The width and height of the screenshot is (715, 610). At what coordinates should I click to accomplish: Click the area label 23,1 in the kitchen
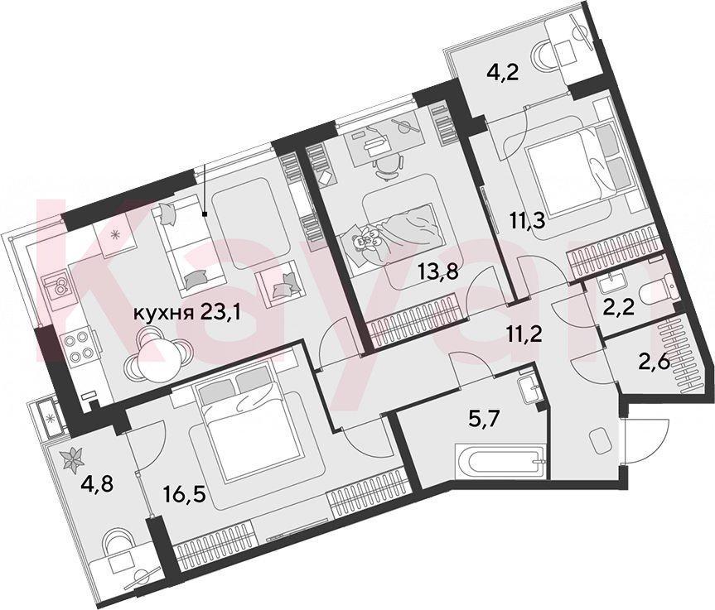tap(224, 314)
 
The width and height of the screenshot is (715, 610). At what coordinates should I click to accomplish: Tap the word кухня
tap(162, 315)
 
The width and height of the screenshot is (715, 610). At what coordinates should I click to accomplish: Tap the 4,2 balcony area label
tap(503, 72)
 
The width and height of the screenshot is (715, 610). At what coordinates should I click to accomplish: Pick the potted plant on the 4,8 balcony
tap(72, 459)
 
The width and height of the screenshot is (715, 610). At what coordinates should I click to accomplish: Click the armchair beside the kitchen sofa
tap(278, 283)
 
